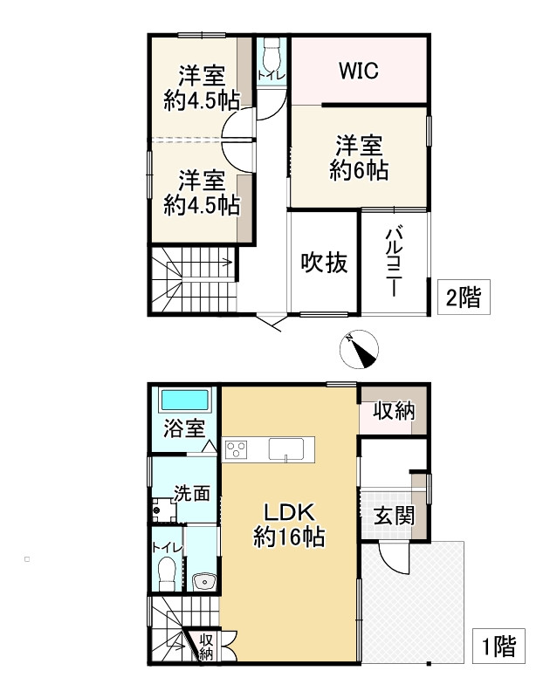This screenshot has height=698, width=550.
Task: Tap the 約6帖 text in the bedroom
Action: pos(359,170)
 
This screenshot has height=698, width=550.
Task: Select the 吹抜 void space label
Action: pos(324,262)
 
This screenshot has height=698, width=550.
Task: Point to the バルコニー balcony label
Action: pos(395,261)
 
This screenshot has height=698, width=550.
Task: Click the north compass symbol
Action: pos(358,351)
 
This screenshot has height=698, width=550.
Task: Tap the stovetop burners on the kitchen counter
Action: pos(236,449)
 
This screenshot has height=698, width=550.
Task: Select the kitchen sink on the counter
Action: pos(286,449)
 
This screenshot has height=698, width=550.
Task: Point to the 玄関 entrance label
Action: pos(394,515)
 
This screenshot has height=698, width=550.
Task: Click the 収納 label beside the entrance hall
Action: pos(394,410)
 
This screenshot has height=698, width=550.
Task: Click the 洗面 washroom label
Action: pos(191,492)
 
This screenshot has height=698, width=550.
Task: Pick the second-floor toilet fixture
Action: pos(270,58)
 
